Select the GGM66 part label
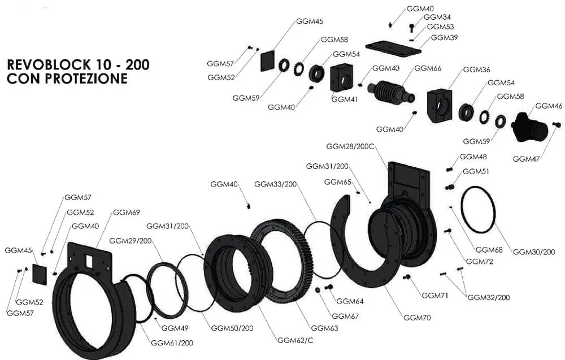(428, 68)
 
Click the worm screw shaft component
(391, 93)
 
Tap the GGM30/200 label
(534, 251)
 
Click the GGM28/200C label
(350, 146)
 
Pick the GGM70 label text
(417, 317)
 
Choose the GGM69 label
(127, 212)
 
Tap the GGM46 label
(549, 106)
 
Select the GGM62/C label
(295, 340)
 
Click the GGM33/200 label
(275, 184)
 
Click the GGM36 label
(476, 70)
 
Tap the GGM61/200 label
(172, 342)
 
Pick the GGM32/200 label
(489, 297)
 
